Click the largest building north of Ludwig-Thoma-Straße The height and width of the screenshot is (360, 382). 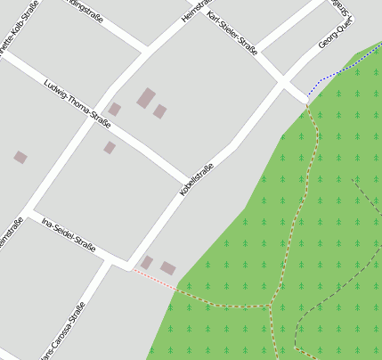pos(146,97)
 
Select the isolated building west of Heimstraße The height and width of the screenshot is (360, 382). pos(20,157)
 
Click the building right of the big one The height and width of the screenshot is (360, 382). pos(160,111)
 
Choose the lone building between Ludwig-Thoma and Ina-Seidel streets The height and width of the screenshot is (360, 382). pos(110,147)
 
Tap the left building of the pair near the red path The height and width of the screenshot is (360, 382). pos(147,262)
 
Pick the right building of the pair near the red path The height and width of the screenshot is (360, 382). pos(168,268)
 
